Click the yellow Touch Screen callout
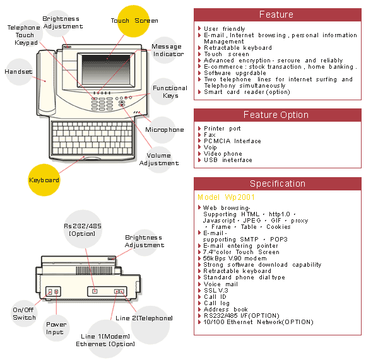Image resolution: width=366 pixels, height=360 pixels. coord(133,21)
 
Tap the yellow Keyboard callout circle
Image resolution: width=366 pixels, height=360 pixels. coord(44,180)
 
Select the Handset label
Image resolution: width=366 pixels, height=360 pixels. coord(18,72)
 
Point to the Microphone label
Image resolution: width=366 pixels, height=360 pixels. coord(165,130)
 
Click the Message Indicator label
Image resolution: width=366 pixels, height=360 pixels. coord(168,50)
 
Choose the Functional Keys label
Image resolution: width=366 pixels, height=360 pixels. coord(170,92)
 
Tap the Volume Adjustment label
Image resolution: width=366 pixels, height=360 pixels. coord(159,160)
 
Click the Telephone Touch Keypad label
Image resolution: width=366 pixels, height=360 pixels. coord(24,35)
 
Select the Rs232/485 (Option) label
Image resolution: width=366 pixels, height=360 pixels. coord(83,229)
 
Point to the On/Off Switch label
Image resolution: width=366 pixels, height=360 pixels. coord(24,313)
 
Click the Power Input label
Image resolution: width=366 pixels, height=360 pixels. coord(56,328)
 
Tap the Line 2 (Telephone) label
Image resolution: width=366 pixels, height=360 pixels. coord(144,318)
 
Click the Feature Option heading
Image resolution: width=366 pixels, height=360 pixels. coord(276,115)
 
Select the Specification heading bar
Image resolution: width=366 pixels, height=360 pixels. coord(278,183)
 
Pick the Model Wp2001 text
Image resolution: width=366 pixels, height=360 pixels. coord(226,197)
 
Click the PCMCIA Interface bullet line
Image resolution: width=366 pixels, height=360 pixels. coord(232,141)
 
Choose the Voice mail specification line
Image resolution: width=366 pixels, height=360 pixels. coord(221,284)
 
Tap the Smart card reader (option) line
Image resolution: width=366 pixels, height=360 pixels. coord(247,92)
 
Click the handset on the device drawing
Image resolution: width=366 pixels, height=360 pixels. coord(46,83)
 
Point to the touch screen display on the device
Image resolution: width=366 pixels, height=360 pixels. coord(107,69)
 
